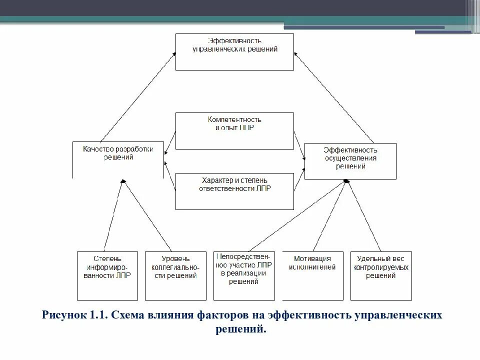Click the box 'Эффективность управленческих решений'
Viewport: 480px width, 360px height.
[234, 52]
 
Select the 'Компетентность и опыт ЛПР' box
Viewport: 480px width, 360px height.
[234, 130]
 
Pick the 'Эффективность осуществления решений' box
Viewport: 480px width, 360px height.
[350, 161]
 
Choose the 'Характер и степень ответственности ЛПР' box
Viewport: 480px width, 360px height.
[234, 191]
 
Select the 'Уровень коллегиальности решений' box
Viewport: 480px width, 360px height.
[175, 275]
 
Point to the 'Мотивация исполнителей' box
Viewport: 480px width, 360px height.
[312, 275]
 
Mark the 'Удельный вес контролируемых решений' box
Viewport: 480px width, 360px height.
[381, 275]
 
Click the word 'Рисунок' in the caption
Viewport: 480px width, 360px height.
[63, 316]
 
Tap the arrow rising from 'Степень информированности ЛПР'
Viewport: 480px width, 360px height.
[112, 215]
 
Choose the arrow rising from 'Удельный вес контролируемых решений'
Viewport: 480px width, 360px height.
[364, 215]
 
